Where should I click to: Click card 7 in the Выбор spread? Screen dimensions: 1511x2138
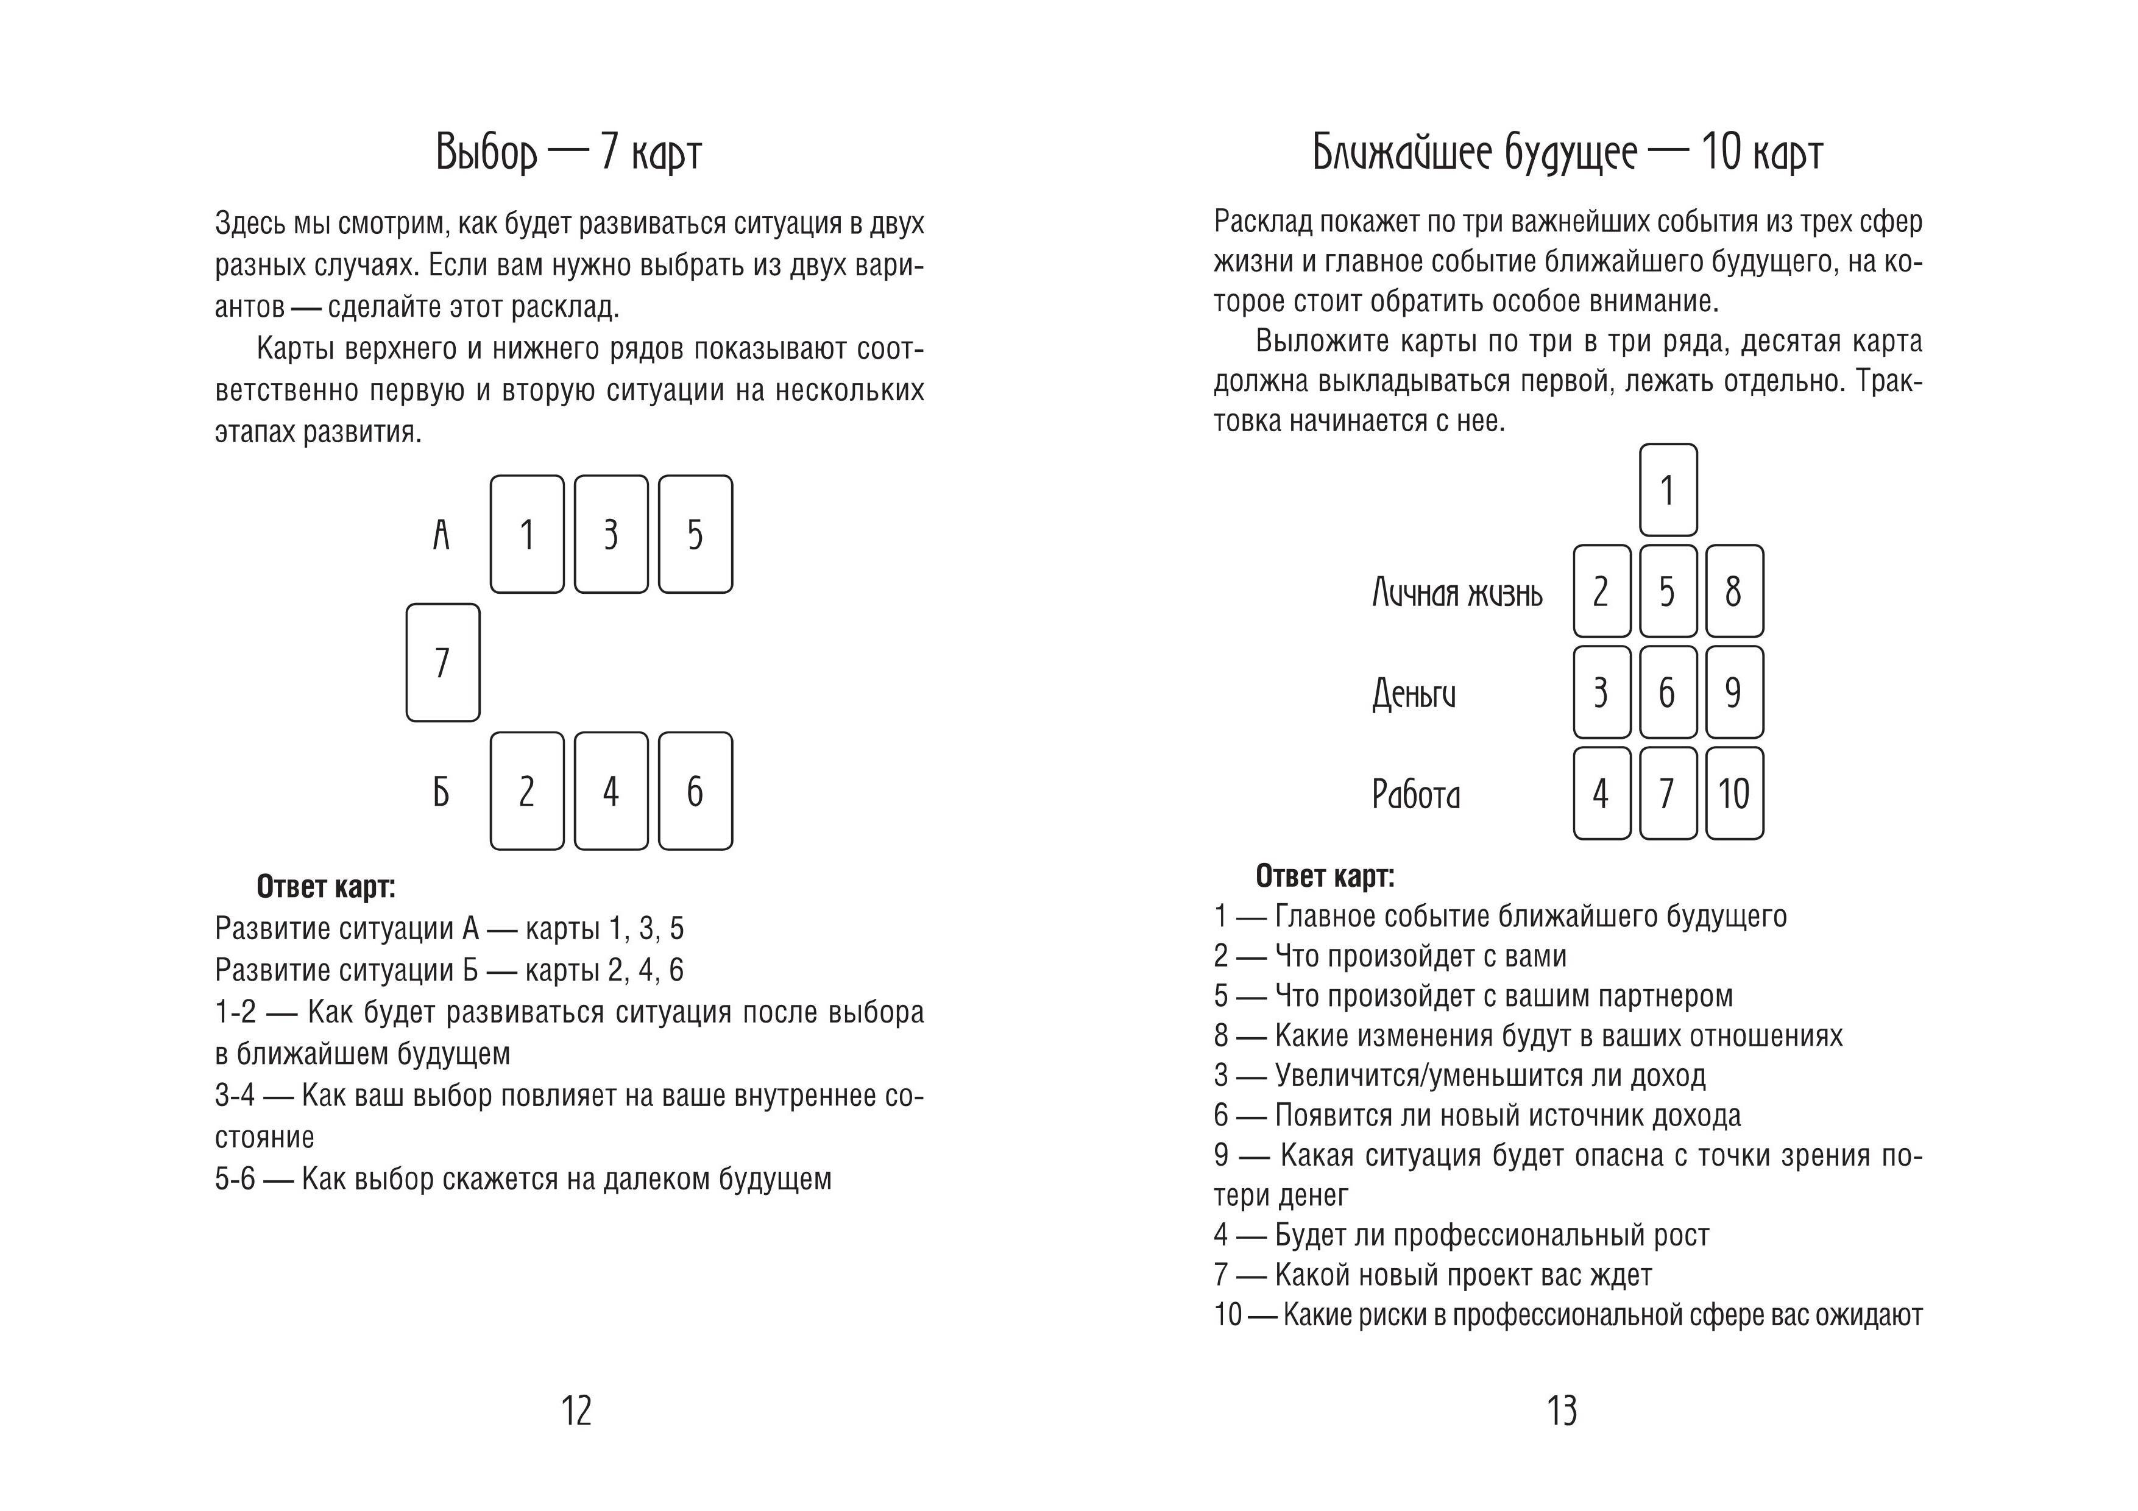[442, 662]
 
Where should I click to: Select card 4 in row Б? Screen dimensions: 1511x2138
[611, 791]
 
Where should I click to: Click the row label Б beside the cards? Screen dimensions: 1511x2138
[441, 792]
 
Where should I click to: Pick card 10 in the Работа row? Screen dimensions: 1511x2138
[1734, 793]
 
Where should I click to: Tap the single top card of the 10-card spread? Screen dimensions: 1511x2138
[1668, 490]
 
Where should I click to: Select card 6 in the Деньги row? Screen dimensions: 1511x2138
[1668, 692]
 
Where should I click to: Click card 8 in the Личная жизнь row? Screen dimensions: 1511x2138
[1734, 591]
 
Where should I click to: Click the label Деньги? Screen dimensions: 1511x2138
[1414, 694]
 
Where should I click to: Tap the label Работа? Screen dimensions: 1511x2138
[1415, 794]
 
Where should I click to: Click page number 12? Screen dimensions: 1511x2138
[576, 1411]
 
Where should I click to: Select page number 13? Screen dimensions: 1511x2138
[1563, 1411]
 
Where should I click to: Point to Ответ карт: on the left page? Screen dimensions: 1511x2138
[326, 886]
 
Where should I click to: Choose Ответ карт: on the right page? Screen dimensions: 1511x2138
[1325, 876]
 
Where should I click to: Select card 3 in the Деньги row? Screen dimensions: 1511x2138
[1602, 692]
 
